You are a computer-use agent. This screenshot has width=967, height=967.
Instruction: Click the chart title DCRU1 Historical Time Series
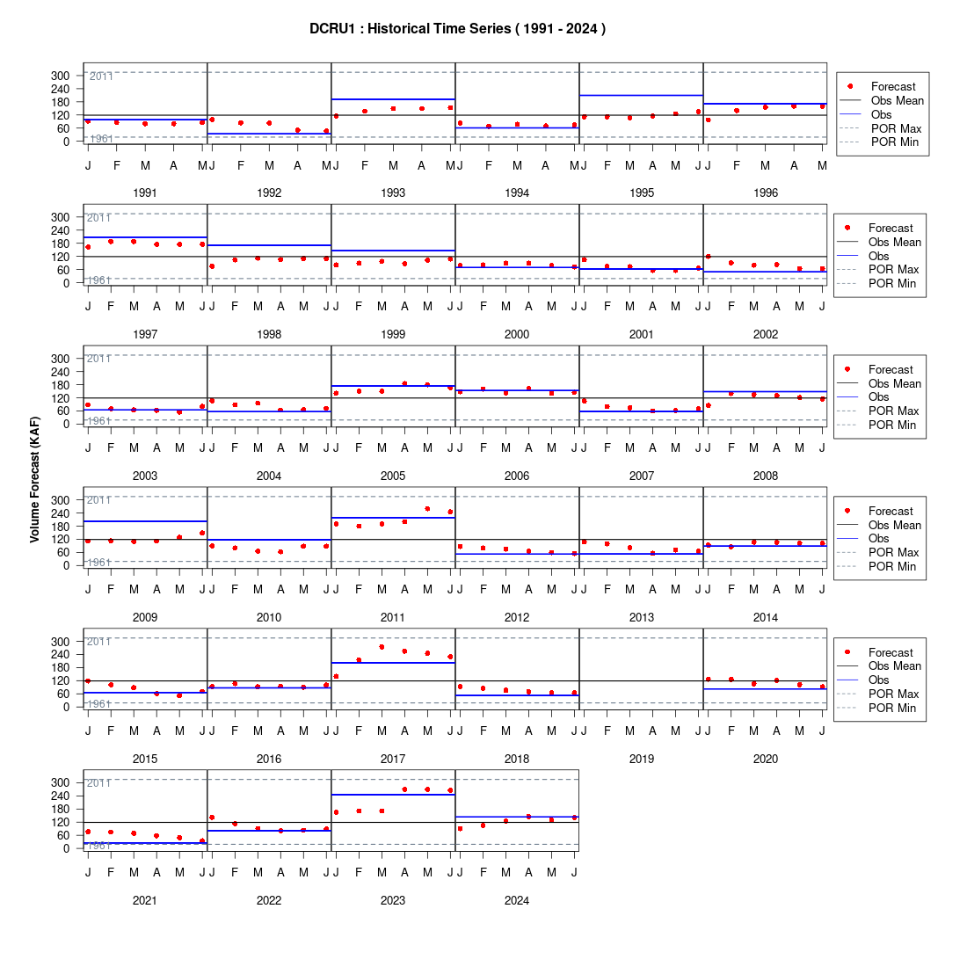458,28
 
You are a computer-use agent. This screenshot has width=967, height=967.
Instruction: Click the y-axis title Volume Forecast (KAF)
34,480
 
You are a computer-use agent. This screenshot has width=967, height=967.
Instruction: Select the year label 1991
145,193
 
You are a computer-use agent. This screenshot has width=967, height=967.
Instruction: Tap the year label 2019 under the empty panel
642,760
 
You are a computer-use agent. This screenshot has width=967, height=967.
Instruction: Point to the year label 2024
517,900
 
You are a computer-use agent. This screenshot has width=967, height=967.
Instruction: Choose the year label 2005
393,476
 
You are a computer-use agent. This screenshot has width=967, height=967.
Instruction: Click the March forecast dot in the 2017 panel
382,647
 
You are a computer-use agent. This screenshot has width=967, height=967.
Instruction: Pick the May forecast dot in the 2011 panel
427,509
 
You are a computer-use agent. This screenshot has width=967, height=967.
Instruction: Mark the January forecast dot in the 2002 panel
708,257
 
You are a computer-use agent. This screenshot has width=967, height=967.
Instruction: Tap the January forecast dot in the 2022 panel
212,818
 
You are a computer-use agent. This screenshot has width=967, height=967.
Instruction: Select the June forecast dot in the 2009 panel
202,533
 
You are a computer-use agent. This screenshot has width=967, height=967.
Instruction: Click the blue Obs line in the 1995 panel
642,96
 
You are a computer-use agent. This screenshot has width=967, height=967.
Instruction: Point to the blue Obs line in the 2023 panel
394,795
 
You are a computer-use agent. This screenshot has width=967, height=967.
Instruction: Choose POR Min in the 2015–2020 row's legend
892,708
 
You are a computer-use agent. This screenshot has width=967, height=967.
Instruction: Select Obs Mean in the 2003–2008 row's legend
895,383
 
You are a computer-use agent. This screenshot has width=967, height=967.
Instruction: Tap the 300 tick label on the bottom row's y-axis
61,782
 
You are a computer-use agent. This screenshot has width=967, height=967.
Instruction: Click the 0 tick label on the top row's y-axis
67,142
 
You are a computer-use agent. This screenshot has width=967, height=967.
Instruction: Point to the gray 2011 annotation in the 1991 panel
101,76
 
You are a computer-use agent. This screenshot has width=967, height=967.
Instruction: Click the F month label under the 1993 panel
365,165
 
